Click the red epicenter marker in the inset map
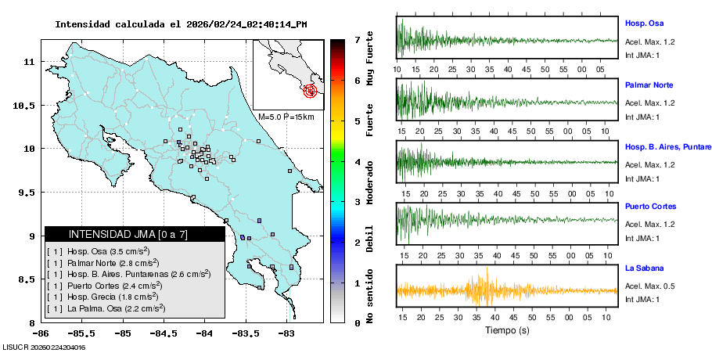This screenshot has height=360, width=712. point(311,91)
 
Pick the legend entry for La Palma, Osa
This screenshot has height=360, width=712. point(108,308)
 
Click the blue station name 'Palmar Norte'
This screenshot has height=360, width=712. point(649,85)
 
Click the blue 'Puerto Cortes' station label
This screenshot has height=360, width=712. point(650,207)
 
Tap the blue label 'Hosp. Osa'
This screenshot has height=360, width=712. point(643,23)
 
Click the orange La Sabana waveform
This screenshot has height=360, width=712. point(485,290)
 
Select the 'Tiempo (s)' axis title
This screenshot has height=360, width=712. point(506,330)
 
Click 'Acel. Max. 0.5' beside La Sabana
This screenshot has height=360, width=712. point(650,286)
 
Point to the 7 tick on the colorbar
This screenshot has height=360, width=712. point(357,39)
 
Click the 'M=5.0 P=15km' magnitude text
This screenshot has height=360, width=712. point(286,117)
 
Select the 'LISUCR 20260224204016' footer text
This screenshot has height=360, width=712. point(44,347)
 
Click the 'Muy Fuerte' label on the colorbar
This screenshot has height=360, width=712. point(369,56)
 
